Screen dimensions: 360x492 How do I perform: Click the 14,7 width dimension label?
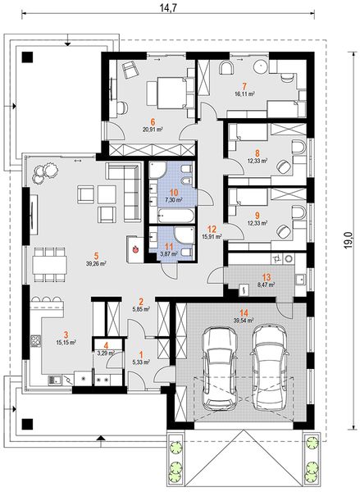168,7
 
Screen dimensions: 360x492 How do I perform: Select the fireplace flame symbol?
135,249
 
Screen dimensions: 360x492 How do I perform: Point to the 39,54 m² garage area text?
244,321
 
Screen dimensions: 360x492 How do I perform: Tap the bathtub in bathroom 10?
176,216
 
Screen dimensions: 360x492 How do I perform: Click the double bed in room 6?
170,93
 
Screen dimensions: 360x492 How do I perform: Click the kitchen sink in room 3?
57,380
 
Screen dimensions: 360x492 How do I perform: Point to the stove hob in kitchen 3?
35,341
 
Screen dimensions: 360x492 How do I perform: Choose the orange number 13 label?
267,277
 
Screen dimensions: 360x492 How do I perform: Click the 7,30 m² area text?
174,199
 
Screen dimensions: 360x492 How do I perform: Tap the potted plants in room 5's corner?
45,172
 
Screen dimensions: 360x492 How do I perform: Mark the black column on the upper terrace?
27,57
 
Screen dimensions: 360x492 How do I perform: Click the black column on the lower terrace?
27,424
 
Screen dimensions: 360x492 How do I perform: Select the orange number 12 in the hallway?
212,229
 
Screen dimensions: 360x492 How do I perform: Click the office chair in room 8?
285,166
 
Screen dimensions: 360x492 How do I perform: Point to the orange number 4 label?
107,346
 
